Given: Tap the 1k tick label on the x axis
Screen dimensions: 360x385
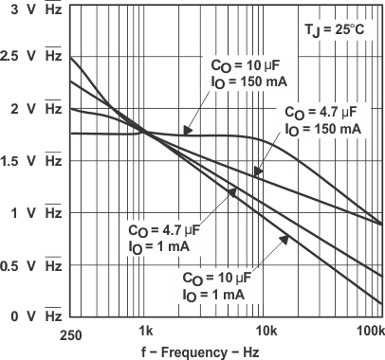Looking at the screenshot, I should [x=145, y=331].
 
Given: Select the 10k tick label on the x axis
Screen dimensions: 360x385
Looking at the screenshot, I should [x=266, y=331].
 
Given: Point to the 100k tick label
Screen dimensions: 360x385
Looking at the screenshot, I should [x=370, y=331].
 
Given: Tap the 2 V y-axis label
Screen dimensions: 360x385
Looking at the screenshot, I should [x=33, y=110].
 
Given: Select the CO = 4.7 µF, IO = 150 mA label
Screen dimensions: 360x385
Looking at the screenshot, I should [x=321, y=118].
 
